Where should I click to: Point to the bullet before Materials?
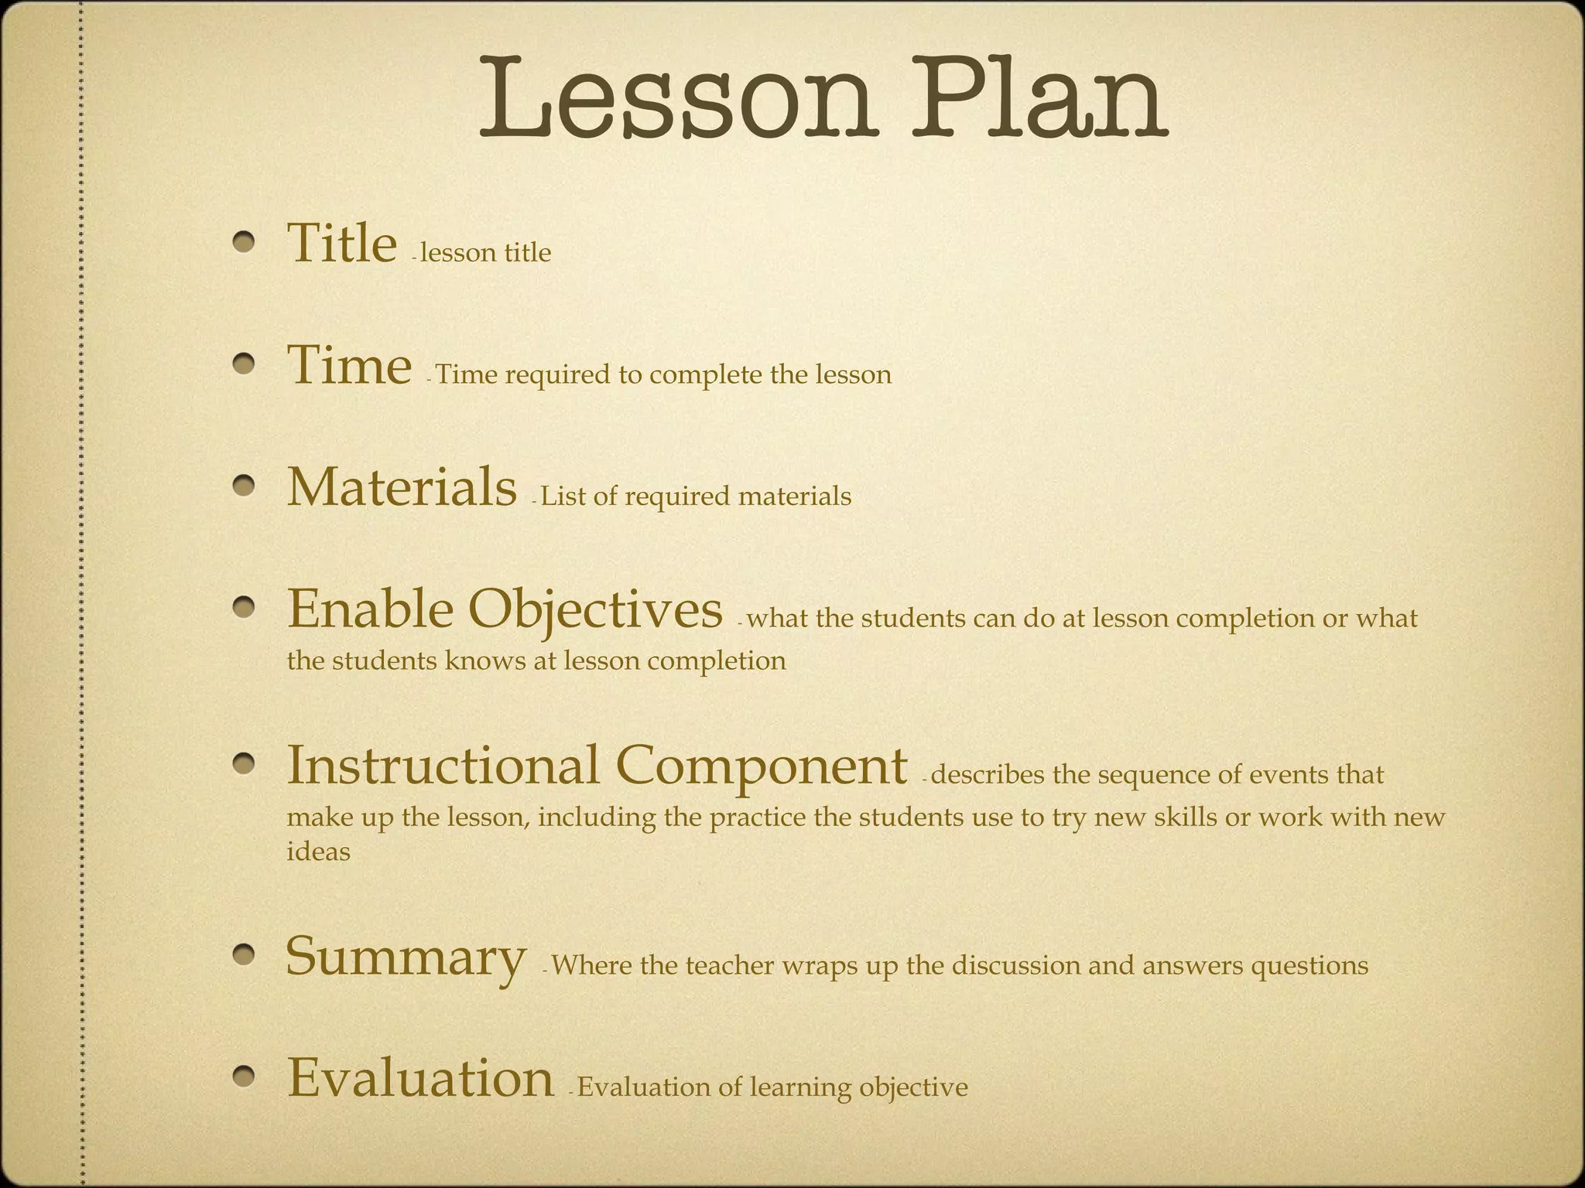pos(245,486)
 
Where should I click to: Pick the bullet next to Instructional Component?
pos(245,765)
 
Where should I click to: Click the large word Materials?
pos(402,487)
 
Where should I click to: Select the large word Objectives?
pos(594,609)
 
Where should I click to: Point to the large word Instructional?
pos(443,766)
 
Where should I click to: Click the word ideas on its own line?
pos(318,852)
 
